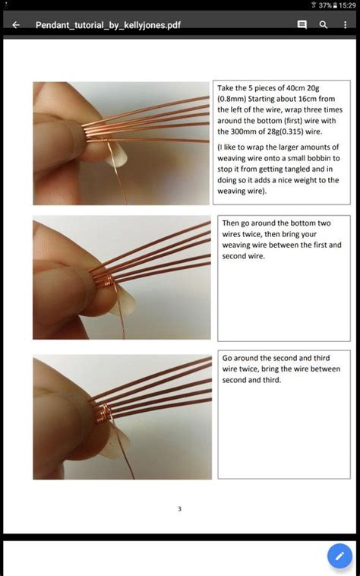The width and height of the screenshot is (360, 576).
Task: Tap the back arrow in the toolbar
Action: click(x=16, y=25)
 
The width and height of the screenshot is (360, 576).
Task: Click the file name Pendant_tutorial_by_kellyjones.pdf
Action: click(x=108, y=25)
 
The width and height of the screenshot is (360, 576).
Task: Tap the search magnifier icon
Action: click(x=324, y=25)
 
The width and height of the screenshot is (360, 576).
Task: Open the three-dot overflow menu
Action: click(x=346, y=25)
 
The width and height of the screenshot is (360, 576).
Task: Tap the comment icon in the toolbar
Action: click(x=302, y=25)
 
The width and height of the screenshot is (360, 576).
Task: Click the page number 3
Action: click(x=179, y=508)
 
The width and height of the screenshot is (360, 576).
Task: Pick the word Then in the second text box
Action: click(x=231, y=223)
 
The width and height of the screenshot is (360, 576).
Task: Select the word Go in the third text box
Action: click(x=227, y=357)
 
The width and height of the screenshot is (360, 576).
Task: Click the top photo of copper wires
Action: click(x=121, y=143)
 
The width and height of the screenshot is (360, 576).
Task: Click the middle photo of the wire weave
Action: click(x=121, y=278)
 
